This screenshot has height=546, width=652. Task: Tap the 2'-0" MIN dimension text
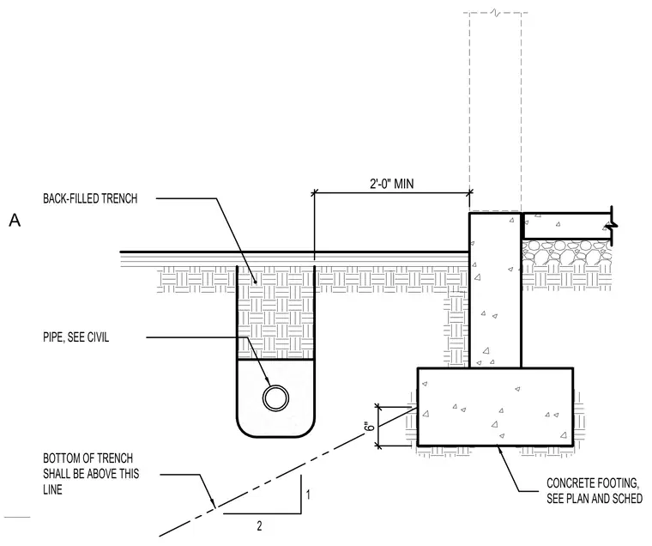[392, 184]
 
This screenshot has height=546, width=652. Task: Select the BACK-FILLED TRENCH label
[90, 198]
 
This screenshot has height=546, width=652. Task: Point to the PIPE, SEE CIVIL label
[76, 337]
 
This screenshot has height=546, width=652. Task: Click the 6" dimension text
[370, 427]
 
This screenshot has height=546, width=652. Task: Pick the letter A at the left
[15, 220]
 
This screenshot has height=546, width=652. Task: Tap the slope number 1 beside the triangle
[308, 494]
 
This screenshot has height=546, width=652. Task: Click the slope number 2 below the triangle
[259, 526]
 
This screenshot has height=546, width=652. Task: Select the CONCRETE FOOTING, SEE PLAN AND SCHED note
[595, 491]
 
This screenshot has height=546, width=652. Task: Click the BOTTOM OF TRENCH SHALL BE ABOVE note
[91, 474]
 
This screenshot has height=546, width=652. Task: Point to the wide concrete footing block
[496, 407]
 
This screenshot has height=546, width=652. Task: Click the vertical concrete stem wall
[495, 290]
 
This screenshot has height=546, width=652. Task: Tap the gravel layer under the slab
[566, 252]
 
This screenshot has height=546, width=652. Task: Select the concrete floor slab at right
[566, 226]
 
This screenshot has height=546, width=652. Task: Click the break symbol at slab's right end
[611, 225]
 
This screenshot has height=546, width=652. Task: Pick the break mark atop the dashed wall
[495, 13]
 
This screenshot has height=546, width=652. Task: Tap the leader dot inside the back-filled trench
[257, 282]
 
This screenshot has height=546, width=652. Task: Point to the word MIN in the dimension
[404, 184]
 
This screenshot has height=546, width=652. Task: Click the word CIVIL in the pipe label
[98, 337]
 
